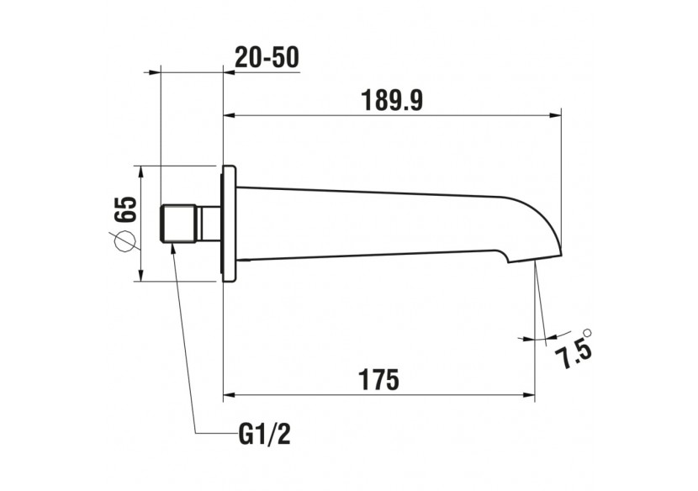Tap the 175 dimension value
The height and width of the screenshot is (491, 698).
click(x=379, y=380)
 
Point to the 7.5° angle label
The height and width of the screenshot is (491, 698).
click(x=574, y=346)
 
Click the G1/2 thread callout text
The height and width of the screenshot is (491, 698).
click(x=265, y=435)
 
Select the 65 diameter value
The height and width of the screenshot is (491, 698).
click(x=125, y=209)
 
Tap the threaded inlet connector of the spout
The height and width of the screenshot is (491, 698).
click(x=178, y=223)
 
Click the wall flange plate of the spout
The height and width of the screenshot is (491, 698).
click(x=227, y=222)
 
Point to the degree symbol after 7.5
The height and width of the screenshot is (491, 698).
click(x=587, y=332)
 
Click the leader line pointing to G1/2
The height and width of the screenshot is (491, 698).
click(x=185, y=336)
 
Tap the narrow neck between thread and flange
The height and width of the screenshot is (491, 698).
click(x=209, y=223)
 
